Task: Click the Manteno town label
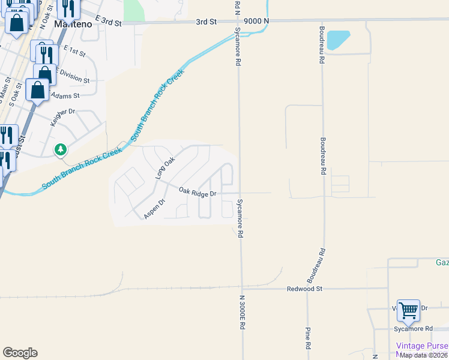pos(71,25)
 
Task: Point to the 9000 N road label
pos(256,20)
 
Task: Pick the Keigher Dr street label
pos(62,112)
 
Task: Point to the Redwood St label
pos(305,289)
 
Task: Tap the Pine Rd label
pos(307,338)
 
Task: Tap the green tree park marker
pos(60,149)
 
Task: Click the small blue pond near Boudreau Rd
pos(339,40)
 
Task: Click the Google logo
pos(20,353)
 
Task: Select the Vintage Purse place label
pos(421,346)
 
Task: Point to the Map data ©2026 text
pos(424,355)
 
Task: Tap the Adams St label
pos(65,96)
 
